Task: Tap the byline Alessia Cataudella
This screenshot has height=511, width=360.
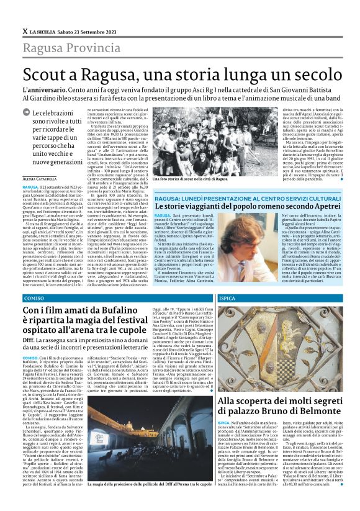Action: click(x=39, y=179)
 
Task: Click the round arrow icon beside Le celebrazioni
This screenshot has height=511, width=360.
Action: click(x=25, y=112)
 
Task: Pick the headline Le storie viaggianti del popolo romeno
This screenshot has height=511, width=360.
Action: click(x=248, y=206)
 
